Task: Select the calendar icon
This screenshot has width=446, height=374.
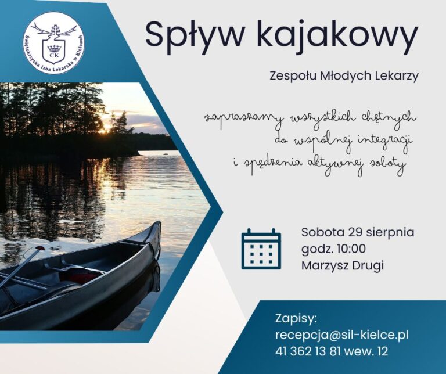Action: point(261,249)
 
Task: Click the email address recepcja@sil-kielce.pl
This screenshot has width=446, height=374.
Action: point(341,335)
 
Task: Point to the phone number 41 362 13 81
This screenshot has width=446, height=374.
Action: point(308,351)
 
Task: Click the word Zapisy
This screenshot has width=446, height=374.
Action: point(296,319)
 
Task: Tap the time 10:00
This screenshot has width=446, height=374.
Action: point(351,249)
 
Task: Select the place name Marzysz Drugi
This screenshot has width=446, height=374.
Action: point(343,266)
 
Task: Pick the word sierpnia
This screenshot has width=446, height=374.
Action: point(390,233)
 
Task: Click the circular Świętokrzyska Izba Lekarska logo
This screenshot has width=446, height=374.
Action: point(53,42)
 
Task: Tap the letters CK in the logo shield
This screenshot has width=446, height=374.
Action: point(54,55)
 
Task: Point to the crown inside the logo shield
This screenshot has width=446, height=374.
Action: point(54,48)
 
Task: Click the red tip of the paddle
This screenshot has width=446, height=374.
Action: point(41,249)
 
